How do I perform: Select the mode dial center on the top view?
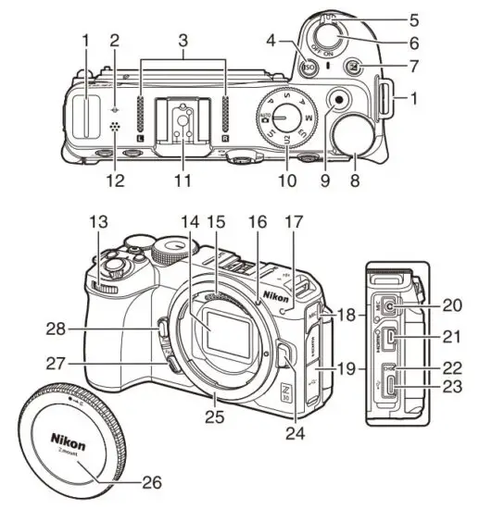[x=284, y=116]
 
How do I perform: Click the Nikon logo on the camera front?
[x=275, y=295]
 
